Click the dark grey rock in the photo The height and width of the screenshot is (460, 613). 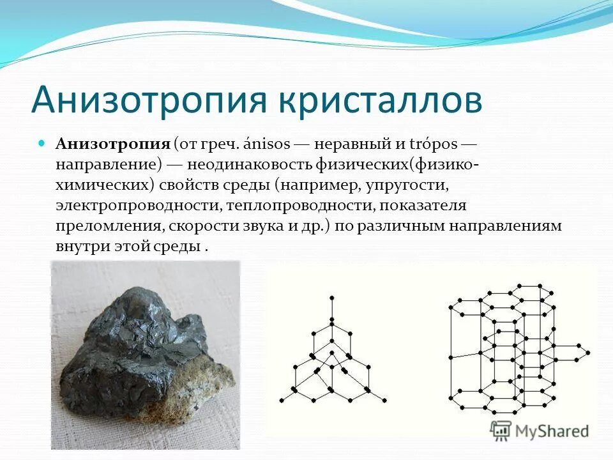140,339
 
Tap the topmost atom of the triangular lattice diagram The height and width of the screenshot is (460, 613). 331,298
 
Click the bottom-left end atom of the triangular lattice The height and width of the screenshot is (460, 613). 281,401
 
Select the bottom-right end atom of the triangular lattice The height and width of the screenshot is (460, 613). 384,401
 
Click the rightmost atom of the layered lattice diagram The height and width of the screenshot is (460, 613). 588,352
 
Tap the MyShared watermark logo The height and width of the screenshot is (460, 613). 540,431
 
